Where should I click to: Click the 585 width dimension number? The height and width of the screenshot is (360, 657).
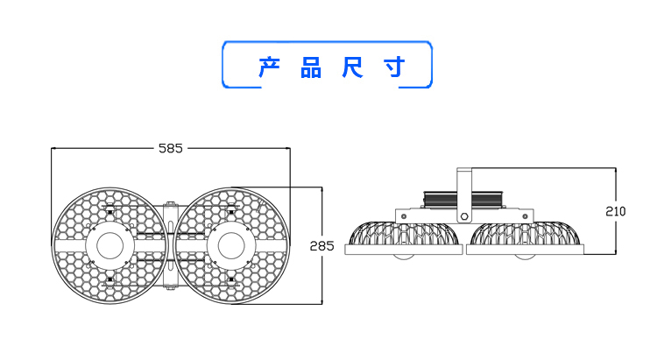(171, 148)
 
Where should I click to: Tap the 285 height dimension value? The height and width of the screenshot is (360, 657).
(322, 246)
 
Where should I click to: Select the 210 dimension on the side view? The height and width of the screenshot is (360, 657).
(616, 211)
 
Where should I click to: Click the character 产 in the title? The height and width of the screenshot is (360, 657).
(269, 67)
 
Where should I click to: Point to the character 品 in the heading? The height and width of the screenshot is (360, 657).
(311, 67)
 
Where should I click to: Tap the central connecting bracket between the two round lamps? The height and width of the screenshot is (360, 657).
(170, 246)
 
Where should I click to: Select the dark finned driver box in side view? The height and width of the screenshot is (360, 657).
(464, 199)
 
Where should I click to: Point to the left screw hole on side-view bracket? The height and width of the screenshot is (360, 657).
(404, 215)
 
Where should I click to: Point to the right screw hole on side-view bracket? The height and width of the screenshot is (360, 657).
(525, 215)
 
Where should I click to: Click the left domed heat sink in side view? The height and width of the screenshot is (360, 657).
(404, 234)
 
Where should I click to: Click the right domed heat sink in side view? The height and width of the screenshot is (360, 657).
(525, 234)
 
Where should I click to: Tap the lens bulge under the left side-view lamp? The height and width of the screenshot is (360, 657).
(404, 257)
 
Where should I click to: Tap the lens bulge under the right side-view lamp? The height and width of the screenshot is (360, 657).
(525, 257)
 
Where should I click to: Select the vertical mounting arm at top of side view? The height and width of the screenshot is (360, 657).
(464, 180)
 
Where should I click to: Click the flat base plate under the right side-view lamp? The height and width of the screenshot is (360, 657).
(525, 249)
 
